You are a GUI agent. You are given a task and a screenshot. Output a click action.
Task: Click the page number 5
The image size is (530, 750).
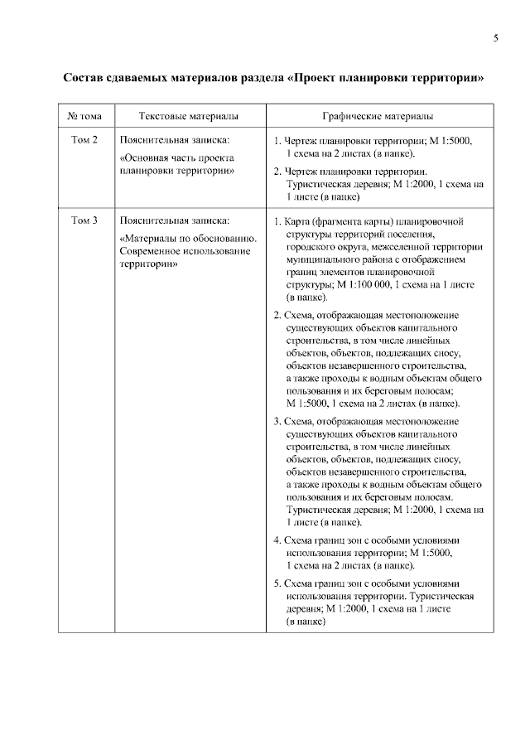click(x=494, y=38)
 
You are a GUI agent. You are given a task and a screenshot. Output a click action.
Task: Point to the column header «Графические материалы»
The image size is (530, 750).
click(x=378, y=117)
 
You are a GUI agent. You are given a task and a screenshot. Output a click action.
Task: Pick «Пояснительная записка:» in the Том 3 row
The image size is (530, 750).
click(x=174, y=220)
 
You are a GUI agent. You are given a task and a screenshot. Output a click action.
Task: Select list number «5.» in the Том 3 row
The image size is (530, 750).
click(x=277, y=583)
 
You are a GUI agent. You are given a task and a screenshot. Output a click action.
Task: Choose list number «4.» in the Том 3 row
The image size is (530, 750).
click(x=277, y=540)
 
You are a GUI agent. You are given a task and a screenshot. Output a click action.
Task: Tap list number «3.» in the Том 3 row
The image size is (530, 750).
click(x=277, y=422)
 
